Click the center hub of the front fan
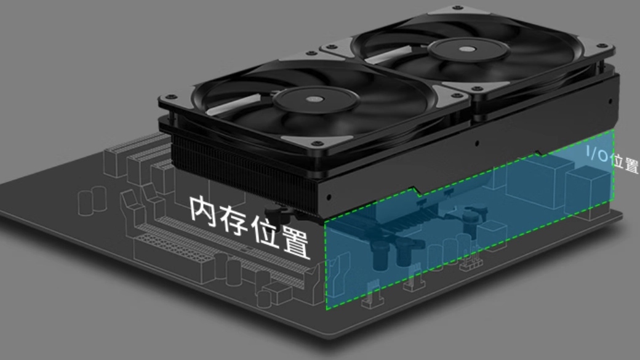(x=316, y=98)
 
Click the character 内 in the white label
(x=203, y=210)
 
